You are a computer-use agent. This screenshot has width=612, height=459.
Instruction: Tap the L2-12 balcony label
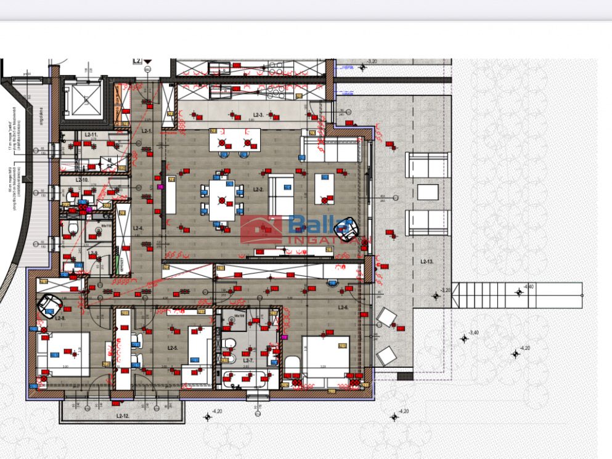click(x=123, y=416)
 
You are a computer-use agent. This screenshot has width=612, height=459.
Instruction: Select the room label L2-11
click(x=91, y=134)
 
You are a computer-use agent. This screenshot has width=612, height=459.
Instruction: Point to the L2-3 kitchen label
click(x=259, y=115)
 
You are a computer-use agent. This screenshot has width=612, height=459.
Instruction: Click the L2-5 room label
click(x=173, y=348)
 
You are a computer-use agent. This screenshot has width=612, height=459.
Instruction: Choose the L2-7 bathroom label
click(x=248, y=360)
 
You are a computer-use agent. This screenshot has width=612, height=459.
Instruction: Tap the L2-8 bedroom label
click(x=60, y=318)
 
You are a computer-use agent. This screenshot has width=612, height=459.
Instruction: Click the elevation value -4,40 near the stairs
click(x=528, y=286)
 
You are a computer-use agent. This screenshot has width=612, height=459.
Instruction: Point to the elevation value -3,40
click(x=473, y=333)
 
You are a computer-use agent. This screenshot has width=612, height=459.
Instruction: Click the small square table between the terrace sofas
click(x=427, y=192)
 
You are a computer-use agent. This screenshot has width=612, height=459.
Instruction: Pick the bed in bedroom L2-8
click(x=63, y=354)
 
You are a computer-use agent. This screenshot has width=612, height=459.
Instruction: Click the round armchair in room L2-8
click(x=49, y=303)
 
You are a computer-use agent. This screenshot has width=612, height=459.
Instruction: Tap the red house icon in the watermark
click(x=261, y=229)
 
